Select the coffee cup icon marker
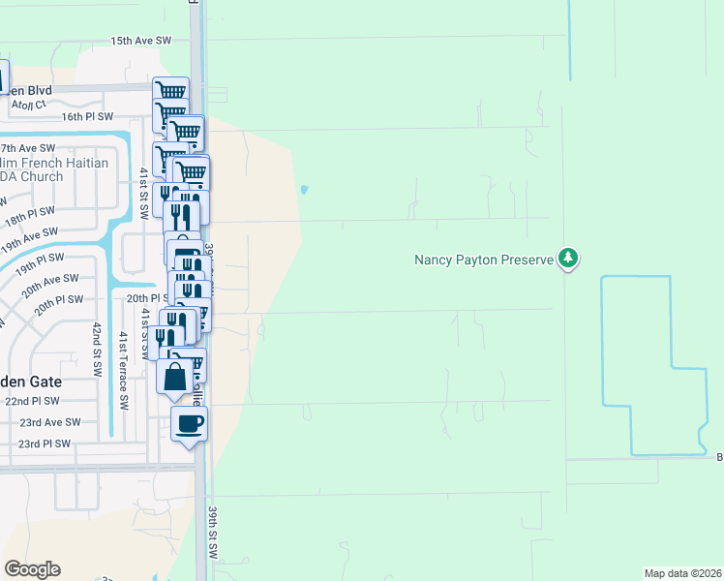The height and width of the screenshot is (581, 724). tap(189, 422)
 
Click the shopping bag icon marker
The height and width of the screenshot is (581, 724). tap(174, 377)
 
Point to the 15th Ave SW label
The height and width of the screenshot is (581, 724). tap(140, 42)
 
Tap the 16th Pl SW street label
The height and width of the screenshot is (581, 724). tap(88, 116)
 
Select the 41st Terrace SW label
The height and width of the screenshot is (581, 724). tap(124, 371)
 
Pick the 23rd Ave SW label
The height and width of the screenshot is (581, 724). tap(49, 422)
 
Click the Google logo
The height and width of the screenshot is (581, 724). tap(32, 569)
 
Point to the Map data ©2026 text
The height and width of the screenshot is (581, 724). tap(682, 573)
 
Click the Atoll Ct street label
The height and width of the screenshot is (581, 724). tap(28, 104)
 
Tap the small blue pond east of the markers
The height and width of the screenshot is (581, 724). tap(306, 190)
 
